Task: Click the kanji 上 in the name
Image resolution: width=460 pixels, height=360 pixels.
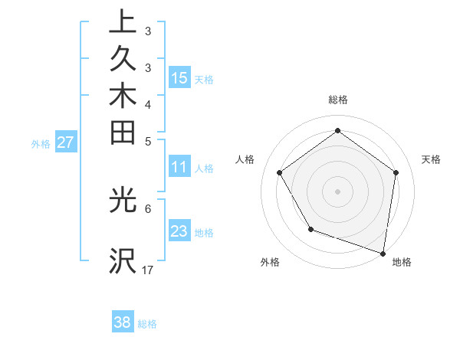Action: pyautogui.click(x=123, y=21)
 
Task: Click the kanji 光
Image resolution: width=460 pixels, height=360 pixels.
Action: pyautogui.click(x=123, y=200)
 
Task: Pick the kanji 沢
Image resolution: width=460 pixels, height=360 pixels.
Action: pyautogui.click(x=123, y=261)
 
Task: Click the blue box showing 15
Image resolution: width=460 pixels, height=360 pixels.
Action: pyautogui.click(x=179, y=77)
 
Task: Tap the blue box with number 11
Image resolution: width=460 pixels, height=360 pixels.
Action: pyautogui.click(x=179, y=166)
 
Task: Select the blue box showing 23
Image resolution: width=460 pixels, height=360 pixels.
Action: pyautogui.click(x=179, y=231)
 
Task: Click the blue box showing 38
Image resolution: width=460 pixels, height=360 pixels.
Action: pyautogui.click(x=123, y=322)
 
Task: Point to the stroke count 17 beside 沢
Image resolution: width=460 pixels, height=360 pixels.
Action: pyautogui.click(x=148, y=269)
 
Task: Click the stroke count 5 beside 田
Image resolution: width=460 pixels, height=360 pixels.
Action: pyautogui.click(x=147, y=140)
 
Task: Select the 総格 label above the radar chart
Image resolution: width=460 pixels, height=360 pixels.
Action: pyautogui.click(x=337, y=100)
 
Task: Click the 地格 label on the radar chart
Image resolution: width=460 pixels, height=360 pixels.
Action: pyautogui.click(x=402, y=262)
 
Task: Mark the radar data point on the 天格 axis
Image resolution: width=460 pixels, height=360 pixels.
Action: pyautogui.click(x=396, y=172)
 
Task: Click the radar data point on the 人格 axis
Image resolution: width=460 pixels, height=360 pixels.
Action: pyautogui.click(x=279, y=172)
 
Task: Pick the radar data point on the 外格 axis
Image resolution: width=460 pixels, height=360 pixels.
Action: pyautogui.click(x=310, y=229)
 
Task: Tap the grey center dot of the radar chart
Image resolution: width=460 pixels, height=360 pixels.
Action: pyautogui.click(x=337, y=191)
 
